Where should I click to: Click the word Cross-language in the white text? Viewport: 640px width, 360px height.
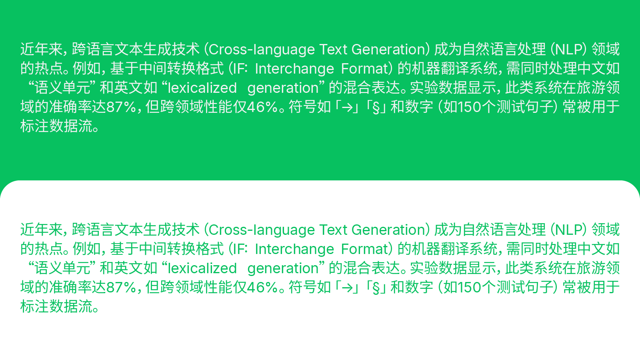click(x=262, y=50)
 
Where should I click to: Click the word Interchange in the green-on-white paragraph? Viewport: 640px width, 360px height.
click(x=294, y=249)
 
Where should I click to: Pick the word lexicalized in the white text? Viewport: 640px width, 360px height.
click(x=202, y=88)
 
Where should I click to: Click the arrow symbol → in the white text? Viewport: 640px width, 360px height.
click(x=347, y=107)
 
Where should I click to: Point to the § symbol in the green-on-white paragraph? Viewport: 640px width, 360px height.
click(x=376, y=288)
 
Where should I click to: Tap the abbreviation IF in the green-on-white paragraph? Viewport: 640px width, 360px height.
click(x=239, y=249)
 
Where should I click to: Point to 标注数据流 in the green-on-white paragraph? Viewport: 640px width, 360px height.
click(x=56, y=307)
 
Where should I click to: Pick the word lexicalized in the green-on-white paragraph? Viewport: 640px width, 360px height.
click(x=202, y=268)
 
